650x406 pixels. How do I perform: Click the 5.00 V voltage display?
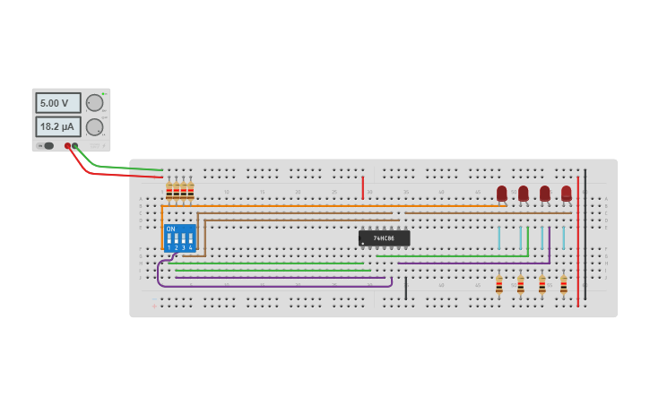57,103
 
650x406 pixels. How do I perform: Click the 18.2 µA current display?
57,126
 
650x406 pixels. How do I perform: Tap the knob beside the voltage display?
94,103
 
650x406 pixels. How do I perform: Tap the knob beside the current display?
94,126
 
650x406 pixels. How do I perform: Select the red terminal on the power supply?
67,145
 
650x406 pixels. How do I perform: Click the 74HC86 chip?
385,238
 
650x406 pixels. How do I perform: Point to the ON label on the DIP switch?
170,229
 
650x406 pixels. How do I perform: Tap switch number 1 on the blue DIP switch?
169,240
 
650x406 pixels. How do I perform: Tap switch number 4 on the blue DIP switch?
191,240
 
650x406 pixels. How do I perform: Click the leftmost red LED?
502,193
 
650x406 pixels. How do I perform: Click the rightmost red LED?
567,193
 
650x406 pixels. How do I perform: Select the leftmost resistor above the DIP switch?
169,191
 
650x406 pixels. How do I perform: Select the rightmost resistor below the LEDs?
563,285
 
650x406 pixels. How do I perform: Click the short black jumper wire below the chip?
405,289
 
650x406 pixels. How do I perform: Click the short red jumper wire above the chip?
362,188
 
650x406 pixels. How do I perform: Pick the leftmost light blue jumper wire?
499,238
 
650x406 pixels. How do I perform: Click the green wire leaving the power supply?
117,167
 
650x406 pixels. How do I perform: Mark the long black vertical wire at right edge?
585,233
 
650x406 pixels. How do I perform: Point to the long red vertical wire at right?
578,242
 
